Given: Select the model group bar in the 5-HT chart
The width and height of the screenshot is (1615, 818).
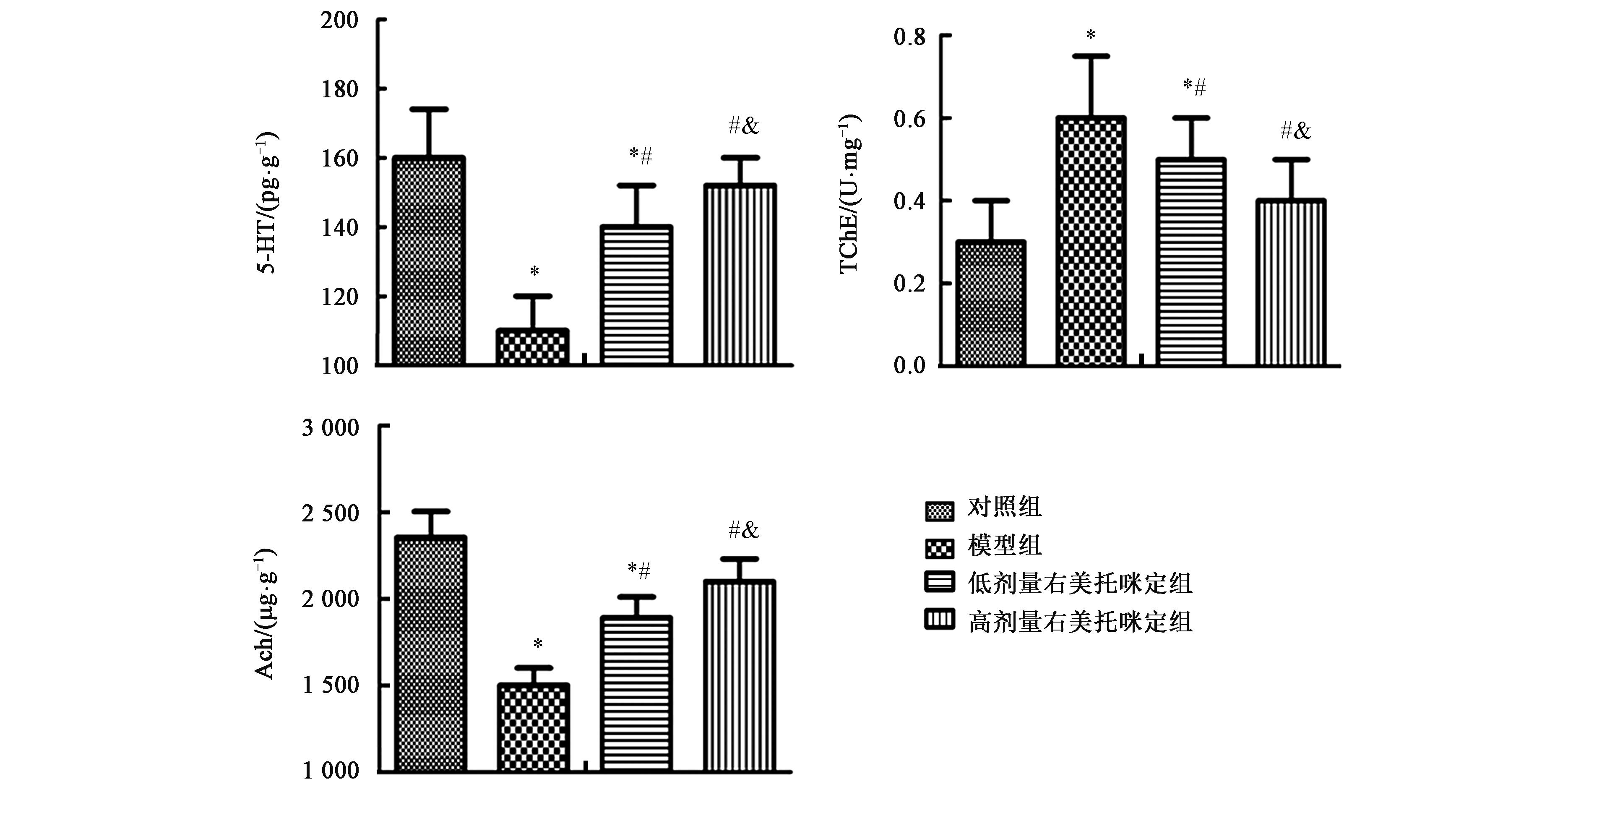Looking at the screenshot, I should point(532,346).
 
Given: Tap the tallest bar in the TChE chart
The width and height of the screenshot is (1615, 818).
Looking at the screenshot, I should point(1091,241).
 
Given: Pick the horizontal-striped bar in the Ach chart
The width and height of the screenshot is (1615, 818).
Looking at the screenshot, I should point(636,693).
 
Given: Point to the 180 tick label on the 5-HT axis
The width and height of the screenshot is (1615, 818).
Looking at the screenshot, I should point(340,90).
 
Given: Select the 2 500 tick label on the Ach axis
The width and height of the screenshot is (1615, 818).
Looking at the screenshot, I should point(331,513).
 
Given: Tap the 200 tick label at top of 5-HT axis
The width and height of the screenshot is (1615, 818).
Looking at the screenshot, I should point(340,21).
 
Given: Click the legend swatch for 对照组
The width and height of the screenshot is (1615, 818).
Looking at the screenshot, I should point(939,511).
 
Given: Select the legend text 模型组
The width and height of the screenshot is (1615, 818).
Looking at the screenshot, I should point(1004,545).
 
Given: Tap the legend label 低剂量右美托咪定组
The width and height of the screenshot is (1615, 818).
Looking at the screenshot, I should point(1080,584).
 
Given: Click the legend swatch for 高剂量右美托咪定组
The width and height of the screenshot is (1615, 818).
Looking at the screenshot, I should point(939,620).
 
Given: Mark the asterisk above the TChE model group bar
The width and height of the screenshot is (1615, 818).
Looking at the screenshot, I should point(1091,35).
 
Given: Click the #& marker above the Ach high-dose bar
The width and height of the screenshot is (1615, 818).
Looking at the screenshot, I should point(744,531).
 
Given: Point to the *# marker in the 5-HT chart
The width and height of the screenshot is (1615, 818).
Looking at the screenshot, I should point(641,155).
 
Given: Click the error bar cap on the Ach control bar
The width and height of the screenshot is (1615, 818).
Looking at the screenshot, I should point(431,511).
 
